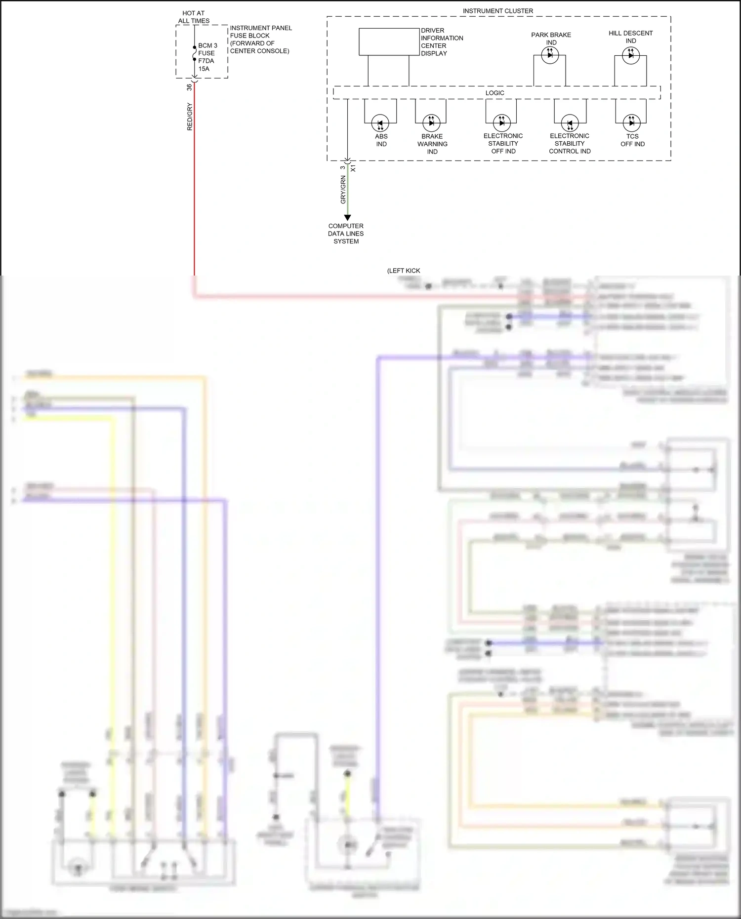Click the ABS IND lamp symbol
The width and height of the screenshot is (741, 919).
click(380, 123)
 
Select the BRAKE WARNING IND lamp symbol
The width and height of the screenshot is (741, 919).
click(431, 123)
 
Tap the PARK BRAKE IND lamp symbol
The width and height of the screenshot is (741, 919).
click(550, 55)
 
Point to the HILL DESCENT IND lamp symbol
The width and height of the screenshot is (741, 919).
click(631, 55)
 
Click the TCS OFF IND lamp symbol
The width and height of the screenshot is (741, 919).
click(631, 123)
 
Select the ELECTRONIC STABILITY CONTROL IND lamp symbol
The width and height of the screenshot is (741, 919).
click(570, 123)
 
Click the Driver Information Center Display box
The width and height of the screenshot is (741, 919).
click(389, 42)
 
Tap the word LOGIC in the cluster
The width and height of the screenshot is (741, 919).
click(494, 93)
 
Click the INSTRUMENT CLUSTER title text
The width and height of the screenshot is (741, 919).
click(497, 11)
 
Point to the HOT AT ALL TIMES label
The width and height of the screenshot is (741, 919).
click(194, 17)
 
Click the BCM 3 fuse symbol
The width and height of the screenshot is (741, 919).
click(195, 53)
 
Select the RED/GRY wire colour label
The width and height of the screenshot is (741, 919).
click(190, 117)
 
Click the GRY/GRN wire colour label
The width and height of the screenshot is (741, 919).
click(343, 190)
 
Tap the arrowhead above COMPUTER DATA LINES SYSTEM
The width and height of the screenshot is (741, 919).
click(347, 218)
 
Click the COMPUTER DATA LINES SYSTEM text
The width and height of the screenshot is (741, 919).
click(346, 234)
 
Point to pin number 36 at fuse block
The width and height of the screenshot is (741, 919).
click(189, 87)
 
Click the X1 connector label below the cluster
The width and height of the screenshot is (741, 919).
click(353, 169)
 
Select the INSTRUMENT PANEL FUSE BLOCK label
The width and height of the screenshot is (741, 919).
click(260, 40)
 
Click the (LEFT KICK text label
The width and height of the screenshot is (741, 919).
click(404, 271)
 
